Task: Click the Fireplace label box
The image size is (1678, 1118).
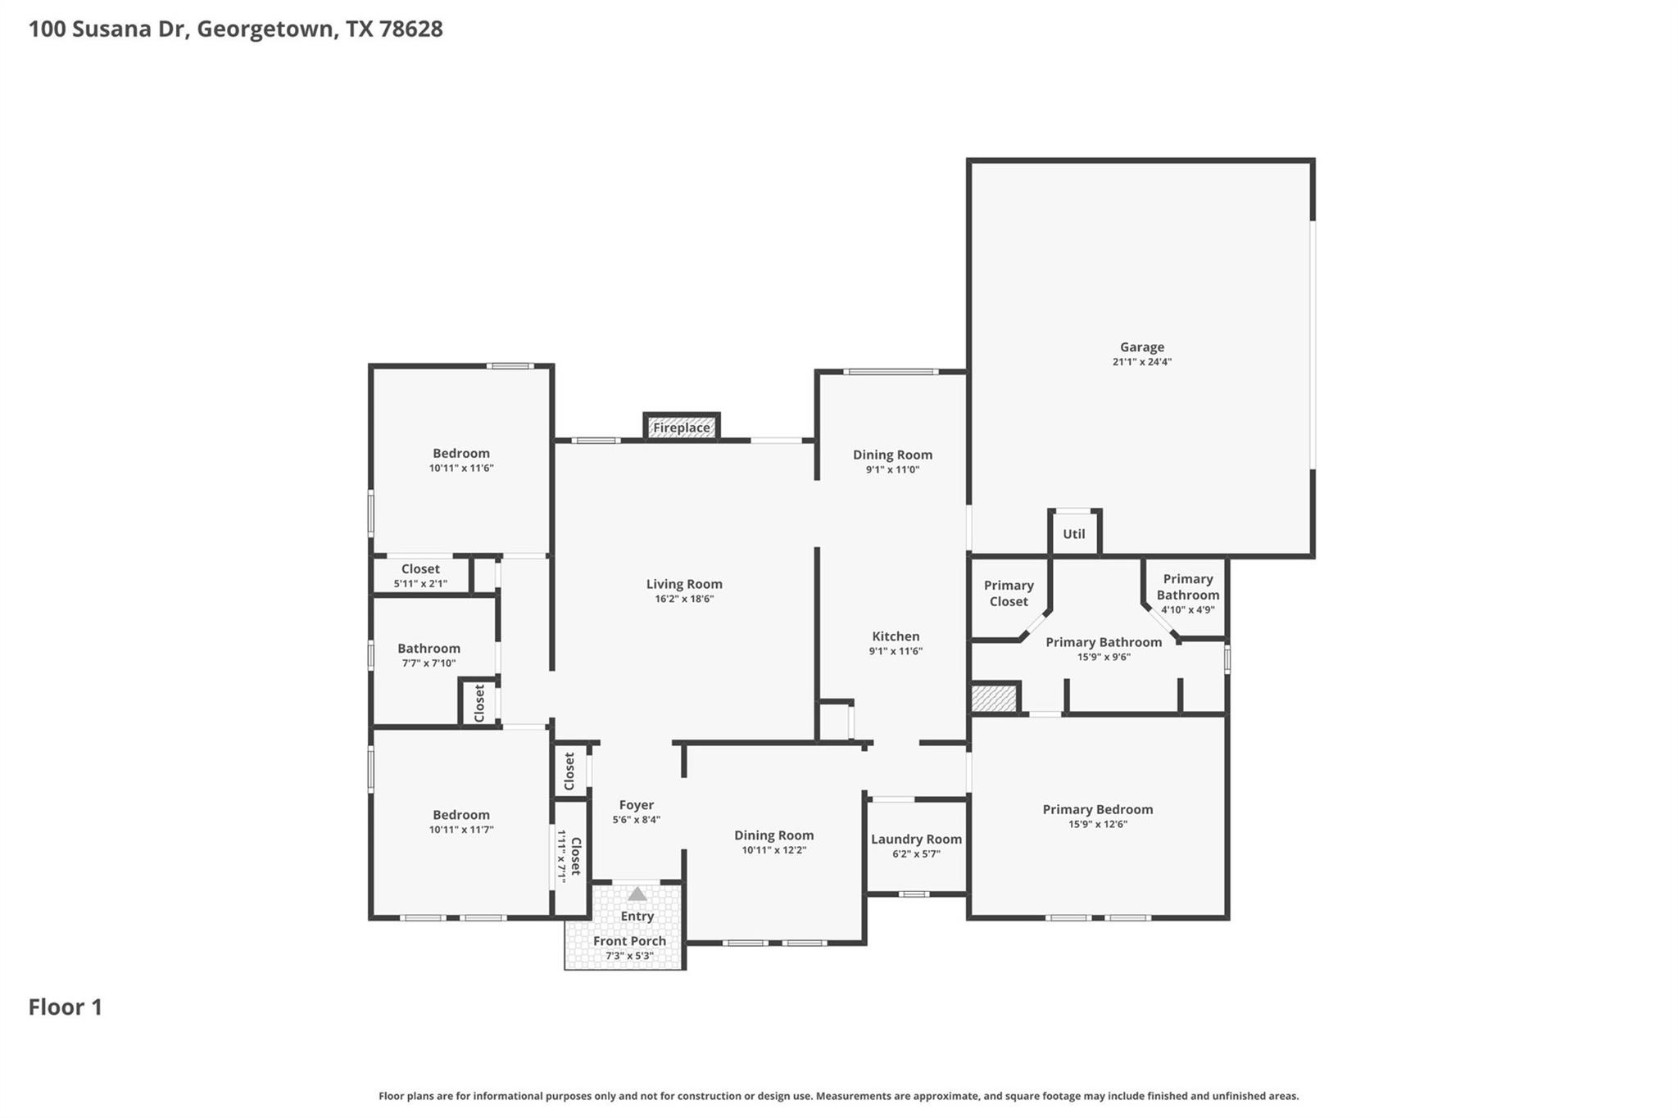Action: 681,428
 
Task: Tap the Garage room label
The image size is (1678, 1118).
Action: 1141,347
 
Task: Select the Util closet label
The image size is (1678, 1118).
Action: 1073,534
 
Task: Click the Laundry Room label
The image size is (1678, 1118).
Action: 916,840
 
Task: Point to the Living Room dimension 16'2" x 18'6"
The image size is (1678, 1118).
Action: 684,600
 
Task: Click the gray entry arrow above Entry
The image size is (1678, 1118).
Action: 637,894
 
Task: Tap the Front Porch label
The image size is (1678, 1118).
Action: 629,941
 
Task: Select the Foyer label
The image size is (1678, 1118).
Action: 636,805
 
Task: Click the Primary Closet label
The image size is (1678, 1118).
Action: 1009,593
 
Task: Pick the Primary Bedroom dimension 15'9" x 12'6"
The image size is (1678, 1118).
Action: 1097,825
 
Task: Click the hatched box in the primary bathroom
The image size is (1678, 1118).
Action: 994,699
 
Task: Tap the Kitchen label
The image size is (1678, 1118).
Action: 896,636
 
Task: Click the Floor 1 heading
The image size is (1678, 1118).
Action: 66,1007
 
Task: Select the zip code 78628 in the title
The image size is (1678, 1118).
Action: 411,29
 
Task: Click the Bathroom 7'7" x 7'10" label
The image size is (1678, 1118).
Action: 429,649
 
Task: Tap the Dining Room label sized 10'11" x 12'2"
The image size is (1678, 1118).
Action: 773,835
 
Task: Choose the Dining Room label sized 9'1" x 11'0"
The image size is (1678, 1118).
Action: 892,455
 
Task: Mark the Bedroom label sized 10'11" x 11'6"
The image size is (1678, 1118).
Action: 461,454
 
